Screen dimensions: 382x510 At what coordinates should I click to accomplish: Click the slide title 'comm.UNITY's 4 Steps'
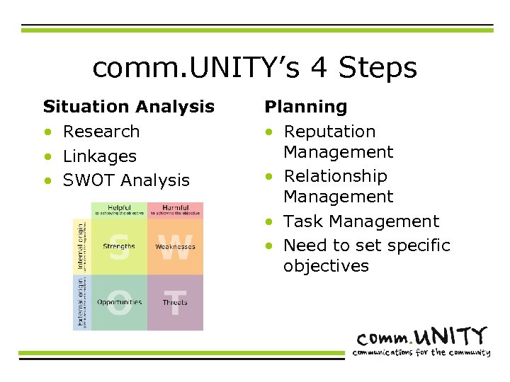(x=254, y=69)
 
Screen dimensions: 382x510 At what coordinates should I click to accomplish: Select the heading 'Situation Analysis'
(x=128, y=107)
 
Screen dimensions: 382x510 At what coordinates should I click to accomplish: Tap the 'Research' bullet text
(x=101, y=132)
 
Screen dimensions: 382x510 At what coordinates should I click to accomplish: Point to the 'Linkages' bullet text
(x=99, y=156)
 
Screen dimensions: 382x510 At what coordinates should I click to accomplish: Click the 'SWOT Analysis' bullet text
(x=126, y=180)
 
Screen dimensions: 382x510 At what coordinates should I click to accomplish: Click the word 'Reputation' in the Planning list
(x=329, y=132)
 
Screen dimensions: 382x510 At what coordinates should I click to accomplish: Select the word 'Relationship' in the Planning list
(x=335, y=176)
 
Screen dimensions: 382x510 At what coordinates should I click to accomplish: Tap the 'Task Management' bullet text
(x=361, y=221)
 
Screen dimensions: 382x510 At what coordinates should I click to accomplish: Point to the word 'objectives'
(x=326, y=266)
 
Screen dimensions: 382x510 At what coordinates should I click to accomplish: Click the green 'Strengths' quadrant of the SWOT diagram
(x=119, y=246)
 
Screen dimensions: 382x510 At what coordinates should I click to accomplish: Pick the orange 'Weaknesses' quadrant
(x=175, y=246)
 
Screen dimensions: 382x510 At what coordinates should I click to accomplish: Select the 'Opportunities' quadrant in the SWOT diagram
(x=119, y=302)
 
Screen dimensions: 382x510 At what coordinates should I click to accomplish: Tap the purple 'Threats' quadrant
(x=175, y=302)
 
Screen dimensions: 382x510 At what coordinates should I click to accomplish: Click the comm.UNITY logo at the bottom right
(x=422, y=336)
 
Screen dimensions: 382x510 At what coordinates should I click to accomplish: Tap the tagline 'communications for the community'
(x=422, y=352)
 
